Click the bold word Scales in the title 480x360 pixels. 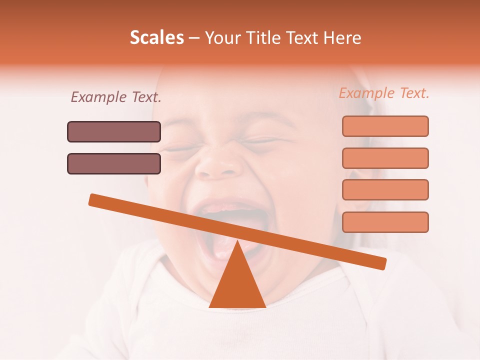coord(157,38)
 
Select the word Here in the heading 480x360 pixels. coord(341,38)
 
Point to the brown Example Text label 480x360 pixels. coord(116,97)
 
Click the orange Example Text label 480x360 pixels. coord(384,93)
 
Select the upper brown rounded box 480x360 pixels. coord(114,131)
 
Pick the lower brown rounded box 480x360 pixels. coord(114,163)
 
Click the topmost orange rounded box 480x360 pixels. coord(385,126)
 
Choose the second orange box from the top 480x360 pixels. coord(385,158)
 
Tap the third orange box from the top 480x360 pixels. coord(385,189)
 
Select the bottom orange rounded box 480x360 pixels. coord(385,222)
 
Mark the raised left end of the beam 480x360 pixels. coord(92,199)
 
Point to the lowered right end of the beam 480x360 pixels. coord(382,263)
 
